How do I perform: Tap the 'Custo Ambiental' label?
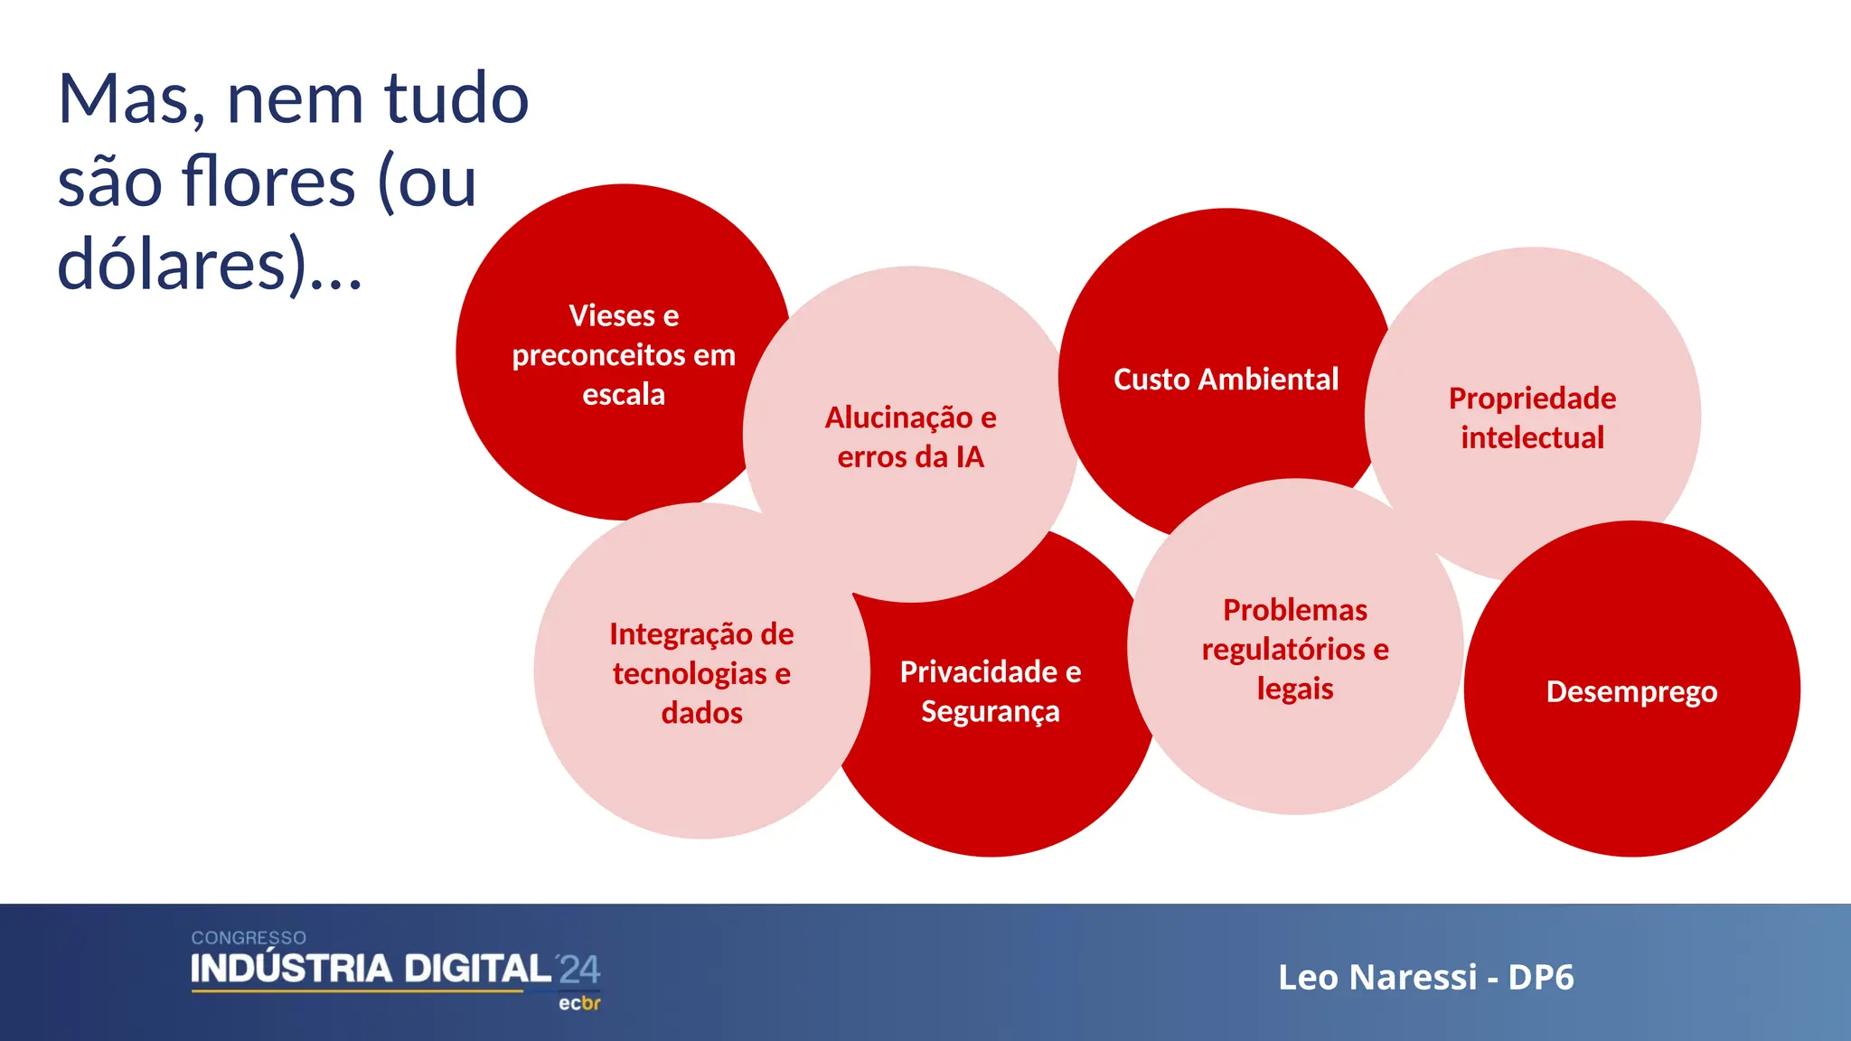pyautogui.click(x=1226, y=379)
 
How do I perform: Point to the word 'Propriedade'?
pyautogui.click(x=1532, y=399)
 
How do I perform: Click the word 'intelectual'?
pyautogui.click(x=1532, y=438)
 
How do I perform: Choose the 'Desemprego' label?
pyautogui.click(x=1631, y=691)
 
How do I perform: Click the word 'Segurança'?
pyautogui.click(x=990, y=712)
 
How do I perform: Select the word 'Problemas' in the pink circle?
pyautogui.click(x=1294, y=610)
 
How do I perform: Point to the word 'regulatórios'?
pyautogui.click(x=1283, y=650)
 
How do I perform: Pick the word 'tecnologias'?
pyautogui.click(x=690, y=674)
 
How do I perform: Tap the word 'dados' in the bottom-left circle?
pyautogui.click(x=701, y=713)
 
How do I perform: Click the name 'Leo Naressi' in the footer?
pyautogui.click(x=1377, y=977)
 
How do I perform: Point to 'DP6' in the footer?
pyautogui.click(x=1541, y=977)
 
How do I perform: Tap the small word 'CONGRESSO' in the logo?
pyautogui.click(x=249, y=938)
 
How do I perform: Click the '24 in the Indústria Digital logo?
pyautogui.click(x=578, y=970)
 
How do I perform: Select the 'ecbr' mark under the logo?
pyautogui.click(x=579, y=1003)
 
